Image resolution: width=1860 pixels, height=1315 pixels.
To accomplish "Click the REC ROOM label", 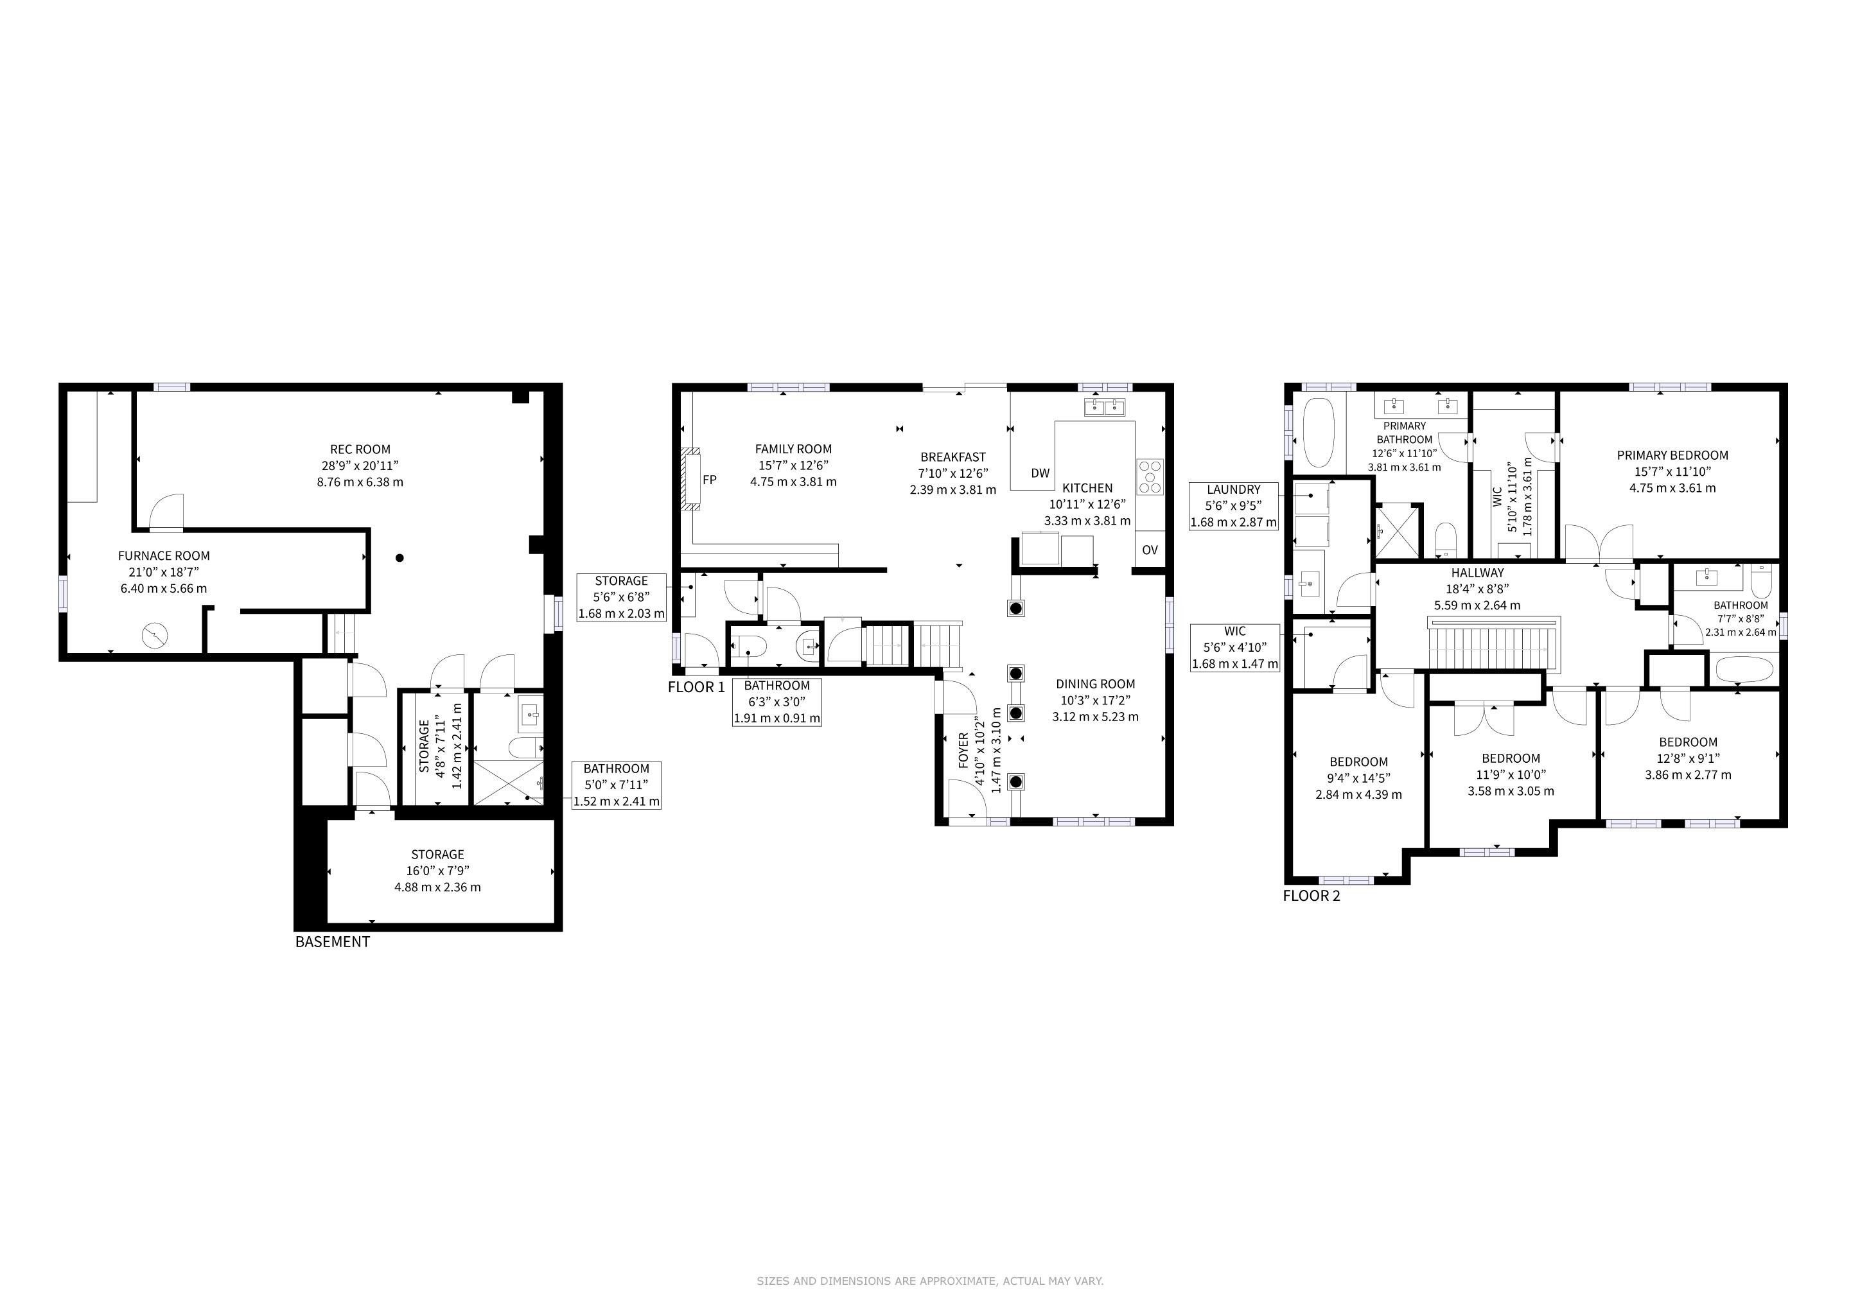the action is click(x=360, y=449).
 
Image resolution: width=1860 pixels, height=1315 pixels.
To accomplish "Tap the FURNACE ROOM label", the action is click(x=164, y=555).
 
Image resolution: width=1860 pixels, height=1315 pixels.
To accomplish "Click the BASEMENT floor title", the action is click(x=332, y=942).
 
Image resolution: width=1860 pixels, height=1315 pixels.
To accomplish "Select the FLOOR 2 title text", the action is click(x=1312, y=896).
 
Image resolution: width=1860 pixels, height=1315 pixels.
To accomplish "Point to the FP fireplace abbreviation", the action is click(x=710, y=480).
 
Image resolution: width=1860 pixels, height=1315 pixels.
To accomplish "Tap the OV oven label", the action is click(x=1150, y=550).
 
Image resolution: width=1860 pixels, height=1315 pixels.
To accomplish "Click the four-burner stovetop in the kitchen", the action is click(x=1150, y=476).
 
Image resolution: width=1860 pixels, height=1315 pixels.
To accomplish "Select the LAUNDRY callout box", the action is click(x=1234, y=506).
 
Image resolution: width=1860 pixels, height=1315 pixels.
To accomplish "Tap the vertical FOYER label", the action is click(x=963, y=751).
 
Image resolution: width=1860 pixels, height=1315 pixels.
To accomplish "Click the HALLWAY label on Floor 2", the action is click(x=1478, y=573).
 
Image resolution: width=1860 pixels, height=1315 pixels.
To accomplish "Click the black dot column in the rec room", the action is click(x=399, y=558).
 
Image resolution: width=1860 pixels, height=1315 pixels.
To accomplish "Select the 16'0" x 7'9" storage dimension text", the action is click(x=437, y=871).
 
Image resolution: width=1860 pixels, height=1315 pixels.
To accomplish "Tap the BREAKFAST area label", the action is click(x=952, y=457).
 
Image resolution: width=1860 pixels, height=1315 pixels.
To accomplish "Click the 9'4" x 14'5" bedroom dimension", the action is click(x=1358, y=778).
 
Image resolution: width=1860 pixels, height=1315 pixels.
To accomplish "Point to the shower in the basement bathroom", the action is click(x=508, y=781).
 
